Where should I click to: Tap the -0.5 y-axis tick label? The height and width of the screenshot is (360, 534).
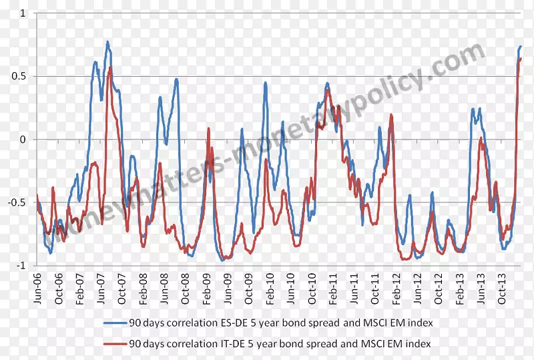[18, 202]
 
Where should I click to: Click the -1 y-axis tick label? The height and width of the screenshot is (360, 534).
[21, 265]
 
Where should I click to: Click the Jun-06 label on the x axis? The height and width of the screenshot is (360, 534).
[37, 289]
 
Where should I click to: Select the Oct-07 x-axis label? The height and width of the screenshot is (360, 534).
[121, 289]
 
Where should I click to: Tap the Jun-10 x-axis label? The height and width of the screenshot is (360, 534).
[291, 289]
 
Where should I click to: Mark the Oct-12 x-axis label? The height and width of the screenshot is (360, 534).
[439, 289]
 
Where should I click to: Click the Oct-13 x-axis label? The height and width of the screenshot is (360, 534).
[502, 289]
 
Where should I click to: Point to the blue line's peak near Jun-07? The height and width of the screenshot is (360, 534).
[107, 42]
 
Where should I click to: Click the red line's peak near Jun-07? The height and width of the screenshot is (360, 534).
[110, 67]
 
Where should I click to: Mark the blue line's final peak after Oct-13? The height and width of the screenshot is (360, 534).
[521, 46]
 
